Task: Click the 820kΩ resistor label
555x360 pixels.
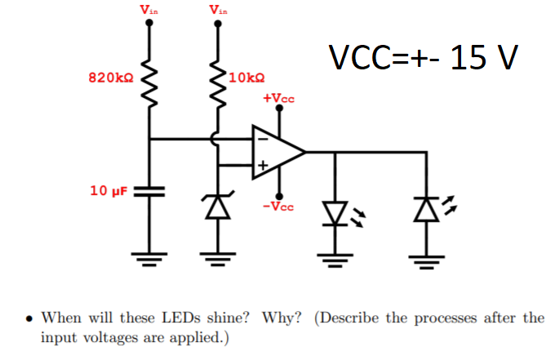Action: click(x=110, y=78)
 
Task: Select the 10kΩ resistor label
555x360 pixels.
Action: click(x=246, y=78)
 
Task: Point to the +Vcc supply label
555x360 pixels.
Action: click(x=278, y=99)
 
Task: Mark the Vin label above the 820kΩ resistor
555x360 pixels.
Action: click(x=149, y=10)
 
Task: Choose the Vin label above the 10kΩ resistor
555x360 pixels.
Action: click(x=218, y=10)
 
